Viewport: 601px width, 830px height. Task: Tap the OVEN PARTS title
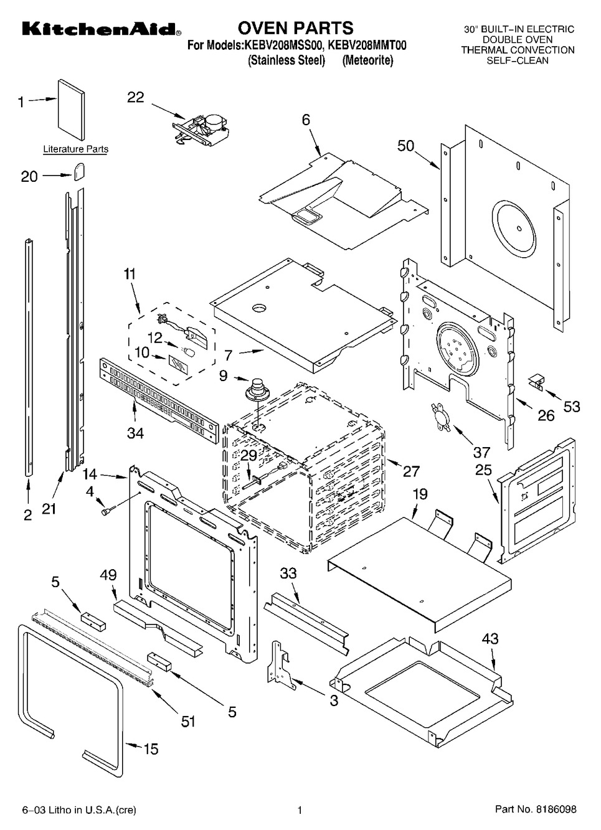click(295, 28)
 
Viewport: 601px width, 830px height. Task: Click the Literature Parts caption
click(75, 149)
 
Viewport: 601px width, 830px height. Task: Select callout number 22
click(135, 97)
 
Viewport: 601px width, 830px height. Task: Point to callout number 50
click(405, 146)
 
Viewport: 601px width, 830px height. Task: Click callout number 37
click(481, 453)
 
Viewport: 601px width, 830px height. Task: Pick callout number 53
click(571, 407)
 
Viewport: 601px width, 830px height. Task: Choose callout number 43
click(490, 639)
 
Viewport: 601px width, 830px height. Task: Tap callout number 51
click(187, 722)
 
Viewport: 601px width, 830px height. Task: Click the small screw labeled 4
click(105, 512)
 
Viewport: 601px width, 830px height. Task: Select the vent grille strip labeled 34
click(159, 402)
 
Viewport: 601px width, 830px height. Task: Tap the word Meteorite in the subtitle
click(367, 61)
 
